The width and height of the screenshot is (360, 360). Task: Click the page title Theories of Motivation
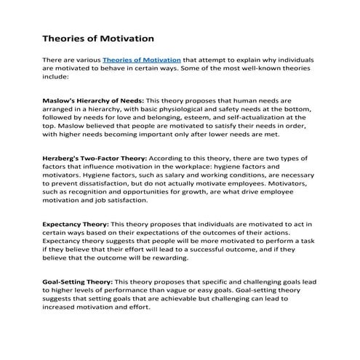click(98, 36)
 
